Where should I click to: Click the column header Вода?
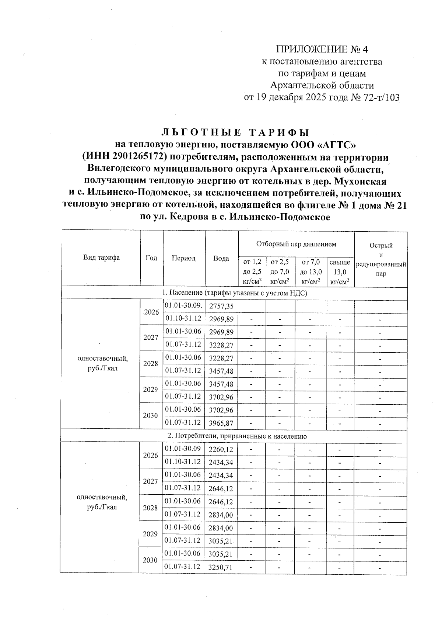221,259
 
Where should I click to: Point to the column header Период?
183,258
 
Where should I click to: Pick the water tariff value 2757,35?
221,307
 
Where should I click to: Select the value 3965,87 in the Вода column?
221,423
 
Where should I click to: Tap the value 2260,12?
221,449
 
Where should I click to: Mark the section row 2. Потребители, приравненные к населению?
237,436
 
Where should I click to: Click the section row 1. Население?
235,293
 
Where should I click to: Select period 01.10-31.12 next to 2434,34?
183,462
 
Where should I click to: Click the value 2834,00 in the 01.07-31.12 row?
220,515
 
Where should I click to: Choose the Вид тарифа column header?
101,258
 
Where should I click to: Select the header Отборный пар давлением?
296,244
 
